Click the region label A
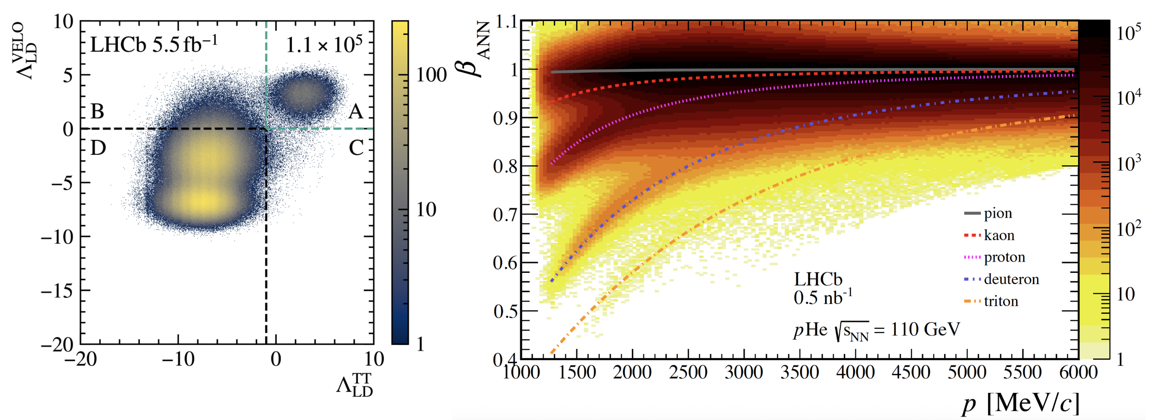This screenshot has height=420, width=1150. (x=355, y=111)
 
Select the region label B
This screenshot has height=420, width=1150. (x=97, y=111)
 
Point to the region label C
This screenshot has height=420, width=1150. (x=356, y=148)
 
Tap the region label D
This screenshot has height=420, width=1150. (x=98, y=148)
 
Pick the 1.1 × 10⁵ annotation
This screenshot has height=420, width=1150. (x=323, y=45)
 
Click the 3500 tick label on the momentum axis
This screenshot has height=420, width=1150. (x=799, y=372)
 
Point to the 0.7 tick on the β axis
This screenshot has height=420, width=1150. (x=506, y=215)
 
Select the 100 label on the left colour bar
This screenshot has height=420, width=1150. (x=431, y=75)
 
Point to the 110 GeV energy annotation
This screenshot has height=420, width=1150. (x=925, y=330)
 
